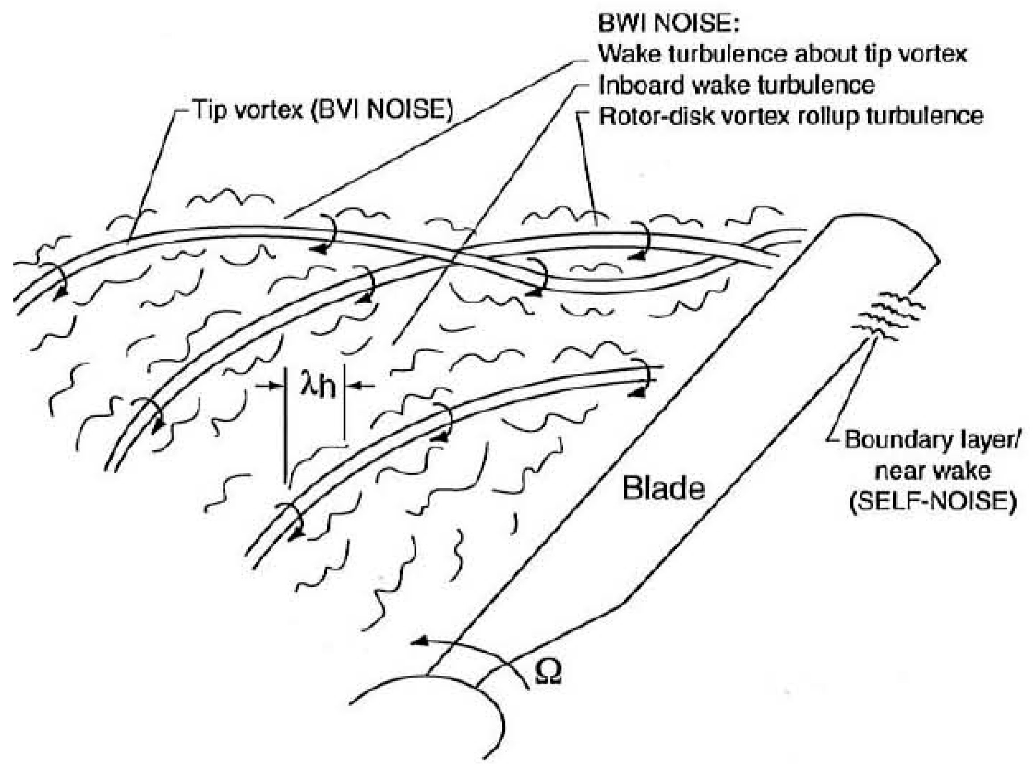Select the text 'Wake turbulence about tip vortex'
point(782,55)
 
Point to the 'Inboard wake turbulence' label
point(736,85)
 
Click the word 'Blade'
point(663,488)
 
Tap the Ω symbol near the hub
point(547,673)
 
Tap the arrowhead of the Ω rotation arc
point(418,642)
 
